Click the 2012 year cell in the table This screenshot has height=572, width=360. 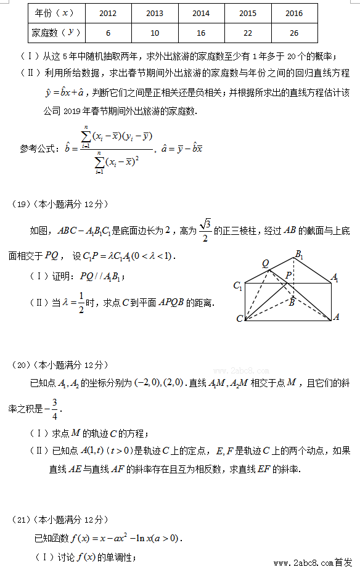108,13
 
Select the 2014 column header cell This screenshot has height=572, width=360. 200,13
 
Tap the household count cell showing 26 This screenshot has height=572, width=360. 293,33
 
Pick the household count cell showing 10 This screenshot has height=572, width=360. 154,33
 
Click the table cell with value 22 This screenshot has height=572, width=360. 247,33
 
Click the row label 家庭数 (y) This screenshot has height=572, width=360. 55,33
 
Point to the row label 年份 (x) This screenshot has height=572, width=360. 55,13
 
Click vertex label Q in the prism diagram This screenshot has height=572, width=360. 266,263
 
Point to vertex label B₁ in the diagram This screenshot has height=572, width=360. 299,254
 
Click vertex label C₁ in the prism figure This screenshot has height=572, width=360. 238,285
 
